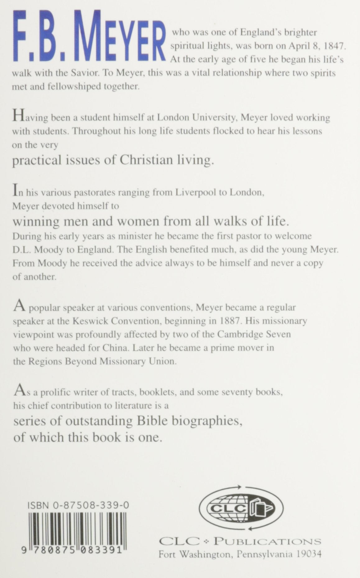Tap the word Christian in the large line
[x=146, y=160]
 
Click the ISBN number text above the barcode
[x=78, y=506]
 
